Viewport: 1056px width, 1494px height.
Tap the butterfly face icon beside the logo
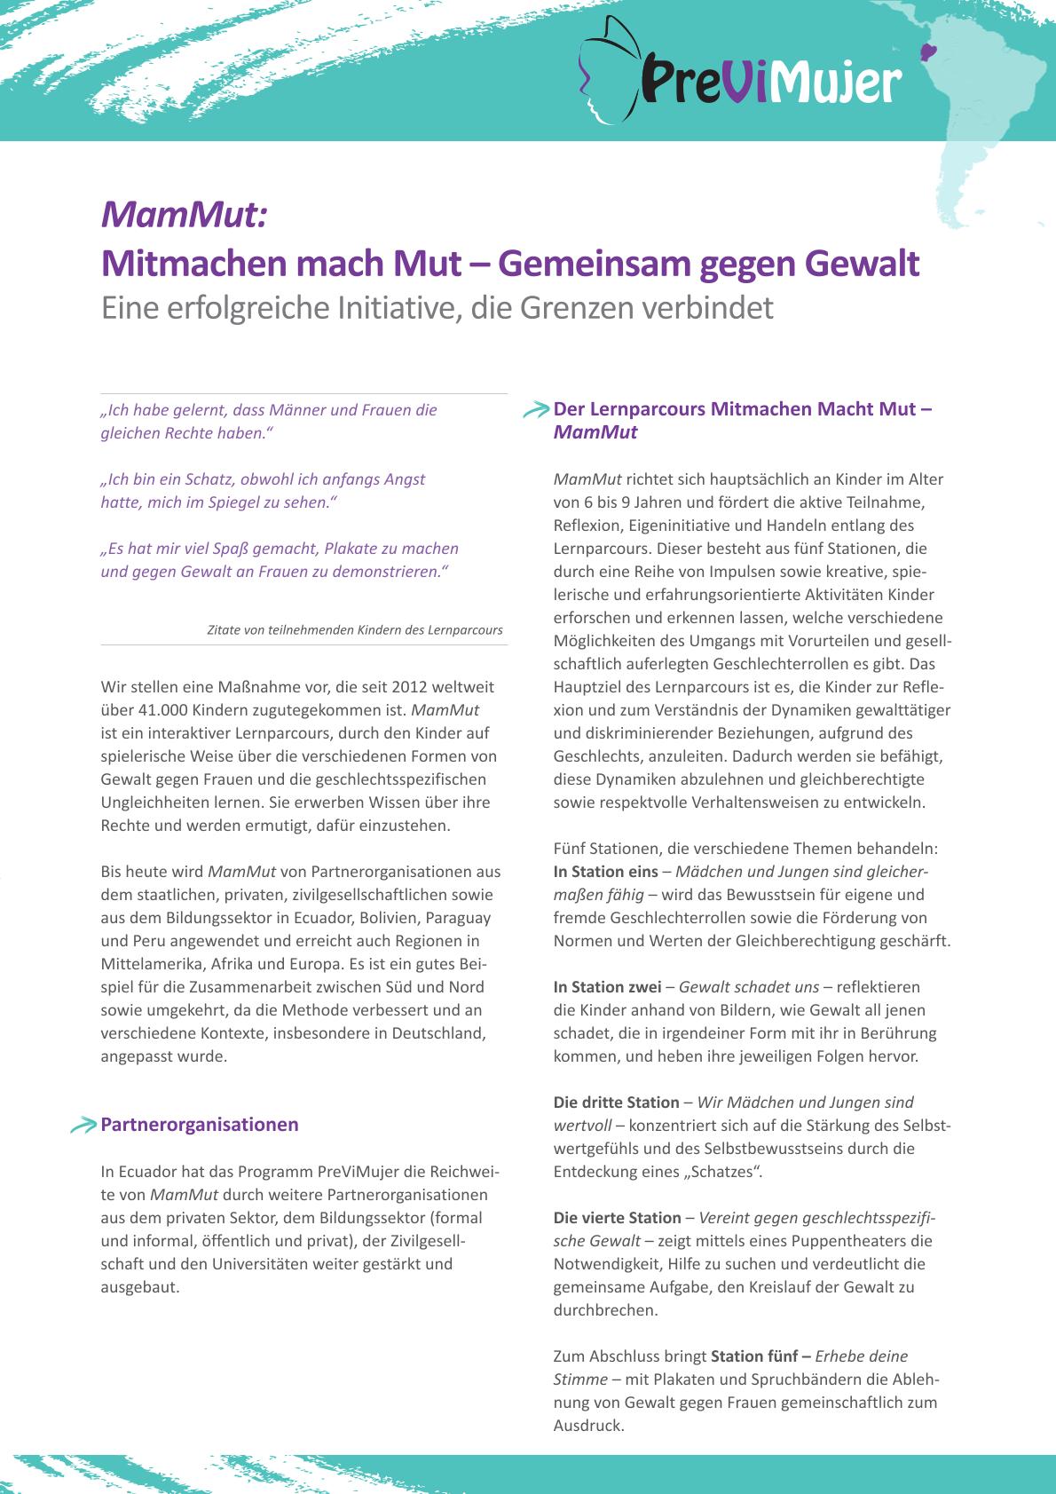pos(609,69)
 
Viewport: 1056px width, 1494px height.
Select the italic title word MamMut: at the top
pos(184,214)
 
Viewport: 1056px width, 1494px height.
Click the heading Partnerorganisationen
pos(200,1125)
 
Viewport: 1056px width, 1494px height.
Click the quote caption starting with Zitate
pos(355,630)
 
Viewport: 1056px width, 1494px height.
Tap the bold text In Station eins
pos(606,872)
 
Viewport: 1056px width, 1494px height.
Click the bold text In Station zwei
pos(608,987)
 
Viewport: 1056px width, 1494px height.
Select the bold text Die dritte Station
pos(616,1103)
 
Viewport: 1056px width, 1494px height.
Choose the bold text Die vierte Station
pos(617,1218)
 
